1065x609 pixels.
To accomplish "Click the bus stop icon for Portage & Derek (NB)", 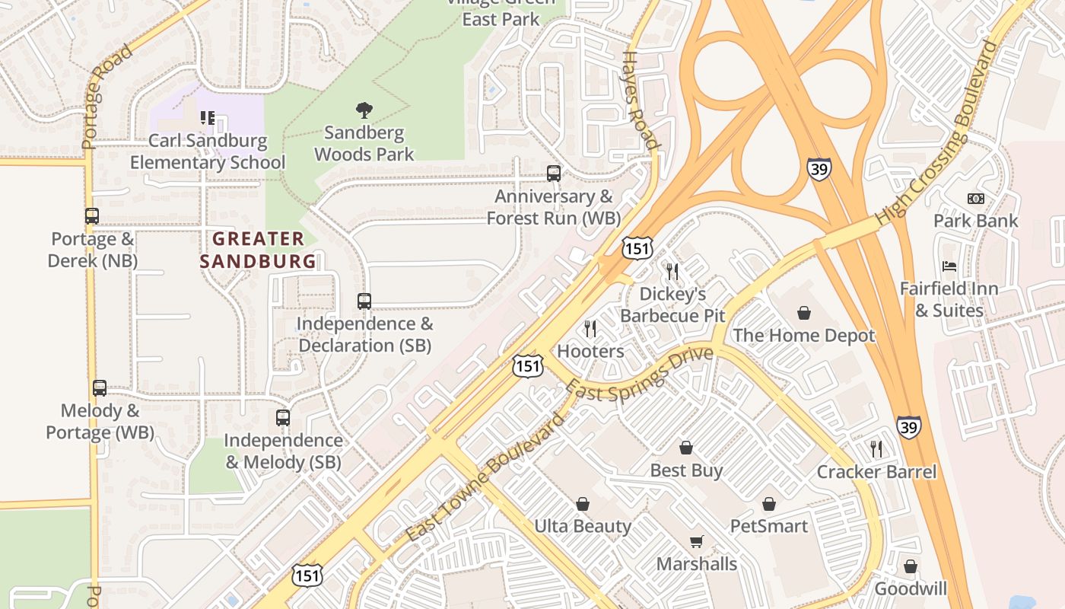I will [92, 216].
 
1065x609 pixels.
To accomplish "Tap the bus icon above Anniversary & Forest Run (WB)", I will [554, 174].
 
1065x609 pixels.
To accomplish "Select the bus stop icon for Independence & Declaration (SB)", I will [364, 301].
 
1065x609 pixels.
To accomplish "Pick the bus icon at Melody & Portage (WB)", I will [100, 388].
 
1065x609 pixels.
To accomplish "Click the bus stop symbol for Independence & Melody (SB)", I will [283, 418].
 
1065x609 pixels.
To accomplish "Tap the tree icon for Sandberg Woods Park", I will [364, 110].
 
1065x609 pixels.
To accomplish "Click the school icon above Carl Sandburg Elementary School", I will [208, 118].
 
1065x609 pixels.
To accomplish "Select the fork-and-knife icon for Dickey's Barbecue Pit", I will [672, 271].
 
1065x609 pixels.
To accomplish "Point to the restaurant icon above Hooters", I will [590, 329].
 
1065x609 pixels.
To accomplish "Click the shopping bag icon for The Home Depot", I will [804, 313].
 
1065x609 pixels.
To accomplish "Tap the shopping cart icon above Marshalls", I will [697, 541].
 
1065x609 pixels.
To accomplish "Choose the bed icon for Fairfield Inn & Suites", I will [949, 266].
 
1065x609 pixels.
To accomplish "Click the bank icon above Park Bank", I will [975, 199].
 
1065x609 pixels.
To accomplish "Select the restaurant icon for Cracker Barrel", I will [876, 449].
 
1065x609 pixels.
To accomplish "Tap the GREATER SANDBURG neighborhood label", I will [258, 250].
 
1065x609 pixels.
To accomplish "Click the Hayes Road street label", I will [639, 100].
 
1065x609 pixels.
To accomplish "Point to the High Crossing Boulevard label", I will [936, 133].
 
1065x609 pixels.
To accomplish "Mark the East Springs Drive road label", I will [640, 374].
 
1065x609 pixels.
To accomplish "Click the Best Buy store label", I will [686, 470].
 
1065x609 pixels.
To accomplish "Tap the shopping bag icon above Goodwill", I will [911, 566].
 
